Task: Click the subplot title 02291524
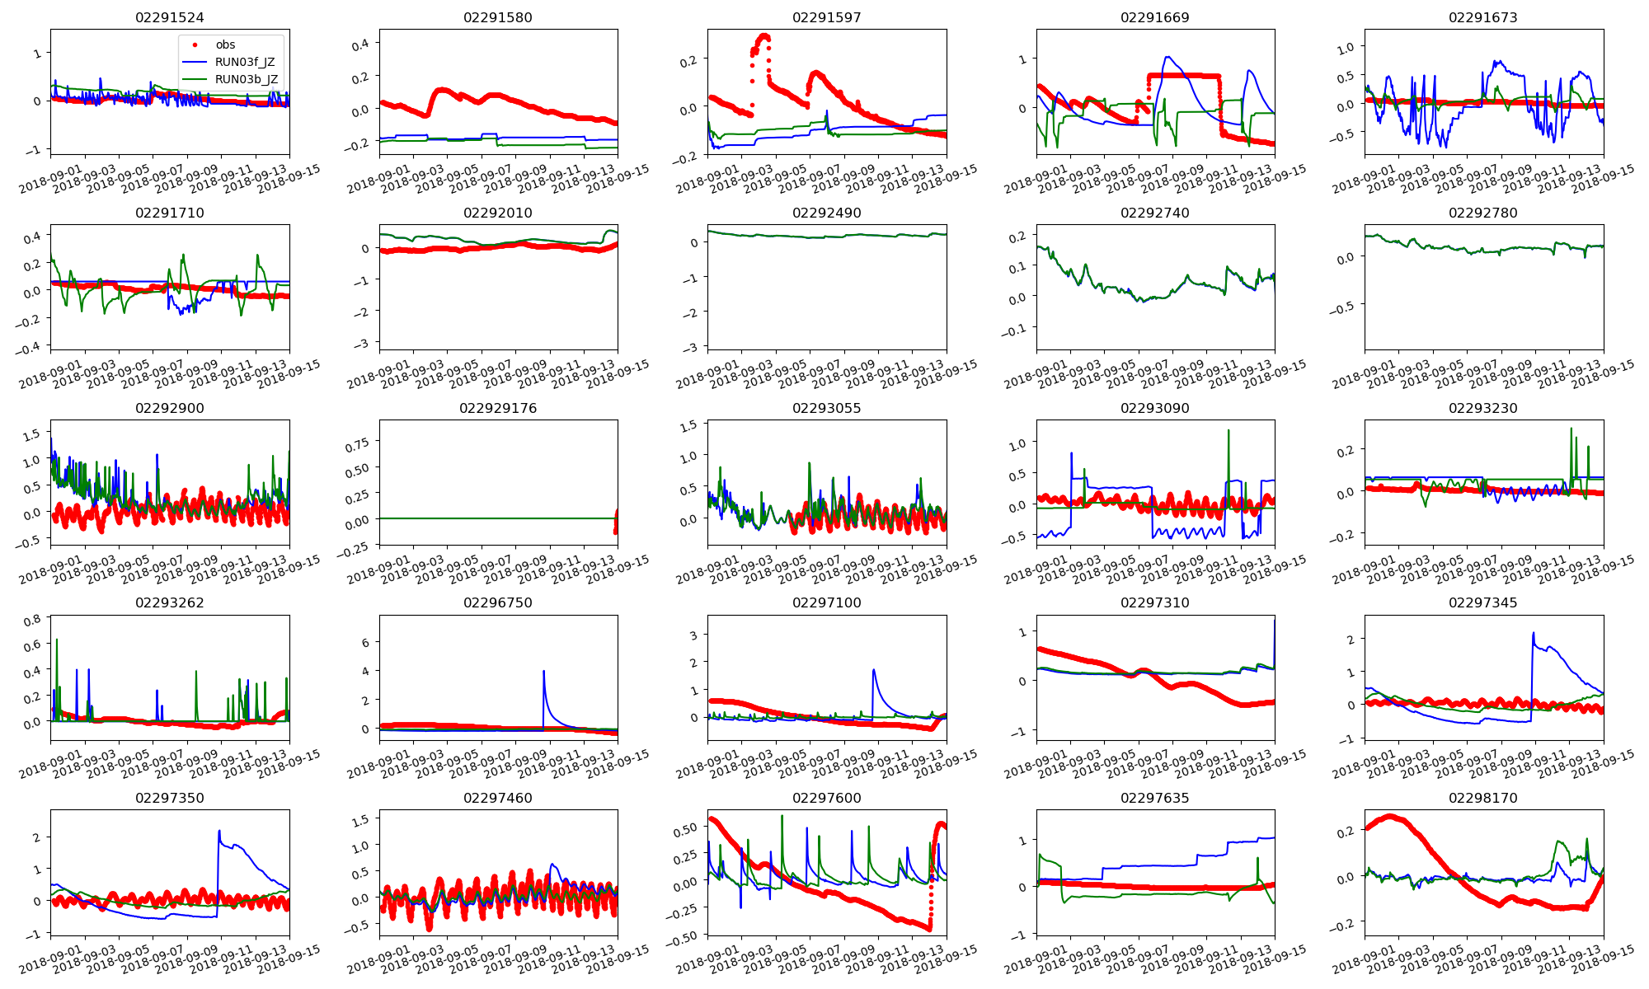[170, 17]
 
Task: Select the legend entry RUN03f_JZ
[244, 62]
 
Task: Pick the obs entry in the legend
[225, 45]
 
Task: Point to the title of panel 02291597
[826, 17]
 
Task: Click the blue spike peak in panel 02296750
[543, 671]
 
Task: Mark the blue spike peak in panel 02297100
[873, 669]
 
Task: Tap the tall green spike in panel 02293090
[1229, 430]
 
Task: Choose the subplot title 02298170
[1483, 798]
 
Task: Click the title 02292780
[1483, 213]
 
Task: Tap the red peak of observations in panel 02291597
[764, 35]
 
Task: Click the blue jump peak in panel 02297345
[1533, 633]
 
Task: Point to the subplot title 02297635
[1155, 798]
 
